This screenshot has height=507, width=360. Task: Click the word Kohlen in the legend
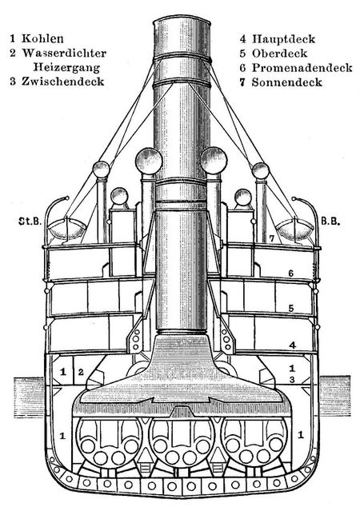[x=42, y=38]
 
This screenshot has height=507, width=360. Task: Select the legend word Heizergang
[x=66, y=67]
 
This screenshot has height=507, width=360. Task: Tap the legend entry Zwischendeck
[x=63, y=82]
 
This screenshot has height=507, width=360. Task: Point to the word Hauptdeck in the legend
[x=283, y=39]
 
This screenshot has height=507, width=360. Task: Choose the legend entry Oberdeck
[x=279, y=54]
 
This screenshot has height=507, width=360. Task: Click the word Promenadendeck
[x=302, y=68]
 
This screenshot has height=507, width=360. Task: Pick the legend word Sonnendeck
[x=287, y=82]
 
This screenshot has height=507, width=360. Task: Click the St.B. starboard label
[x=30, y=222]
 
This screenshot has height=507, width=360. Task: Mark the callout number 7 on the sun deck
[x=272, y=238]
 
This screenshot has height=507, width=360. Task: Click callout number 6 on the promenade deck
[x=290, y=273]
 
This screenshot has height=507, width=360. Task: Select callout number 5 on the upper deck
[x=291, y=309]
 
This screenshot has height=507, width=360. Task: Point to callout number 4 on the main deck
[x=292, y=345]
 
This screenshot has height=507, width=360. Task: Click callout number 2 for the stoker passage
[x=81, y=372]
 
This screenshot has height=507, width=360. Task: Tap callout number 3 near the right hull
[x=292, y=380]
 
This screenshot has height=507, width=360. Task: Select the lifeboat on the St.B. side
[x=67, y=228]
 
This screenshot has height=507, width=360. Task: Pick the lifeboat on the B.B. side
[x=295, y=229]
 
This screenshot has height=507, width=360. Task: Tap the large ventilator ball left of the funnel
[x=149, y=161]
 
